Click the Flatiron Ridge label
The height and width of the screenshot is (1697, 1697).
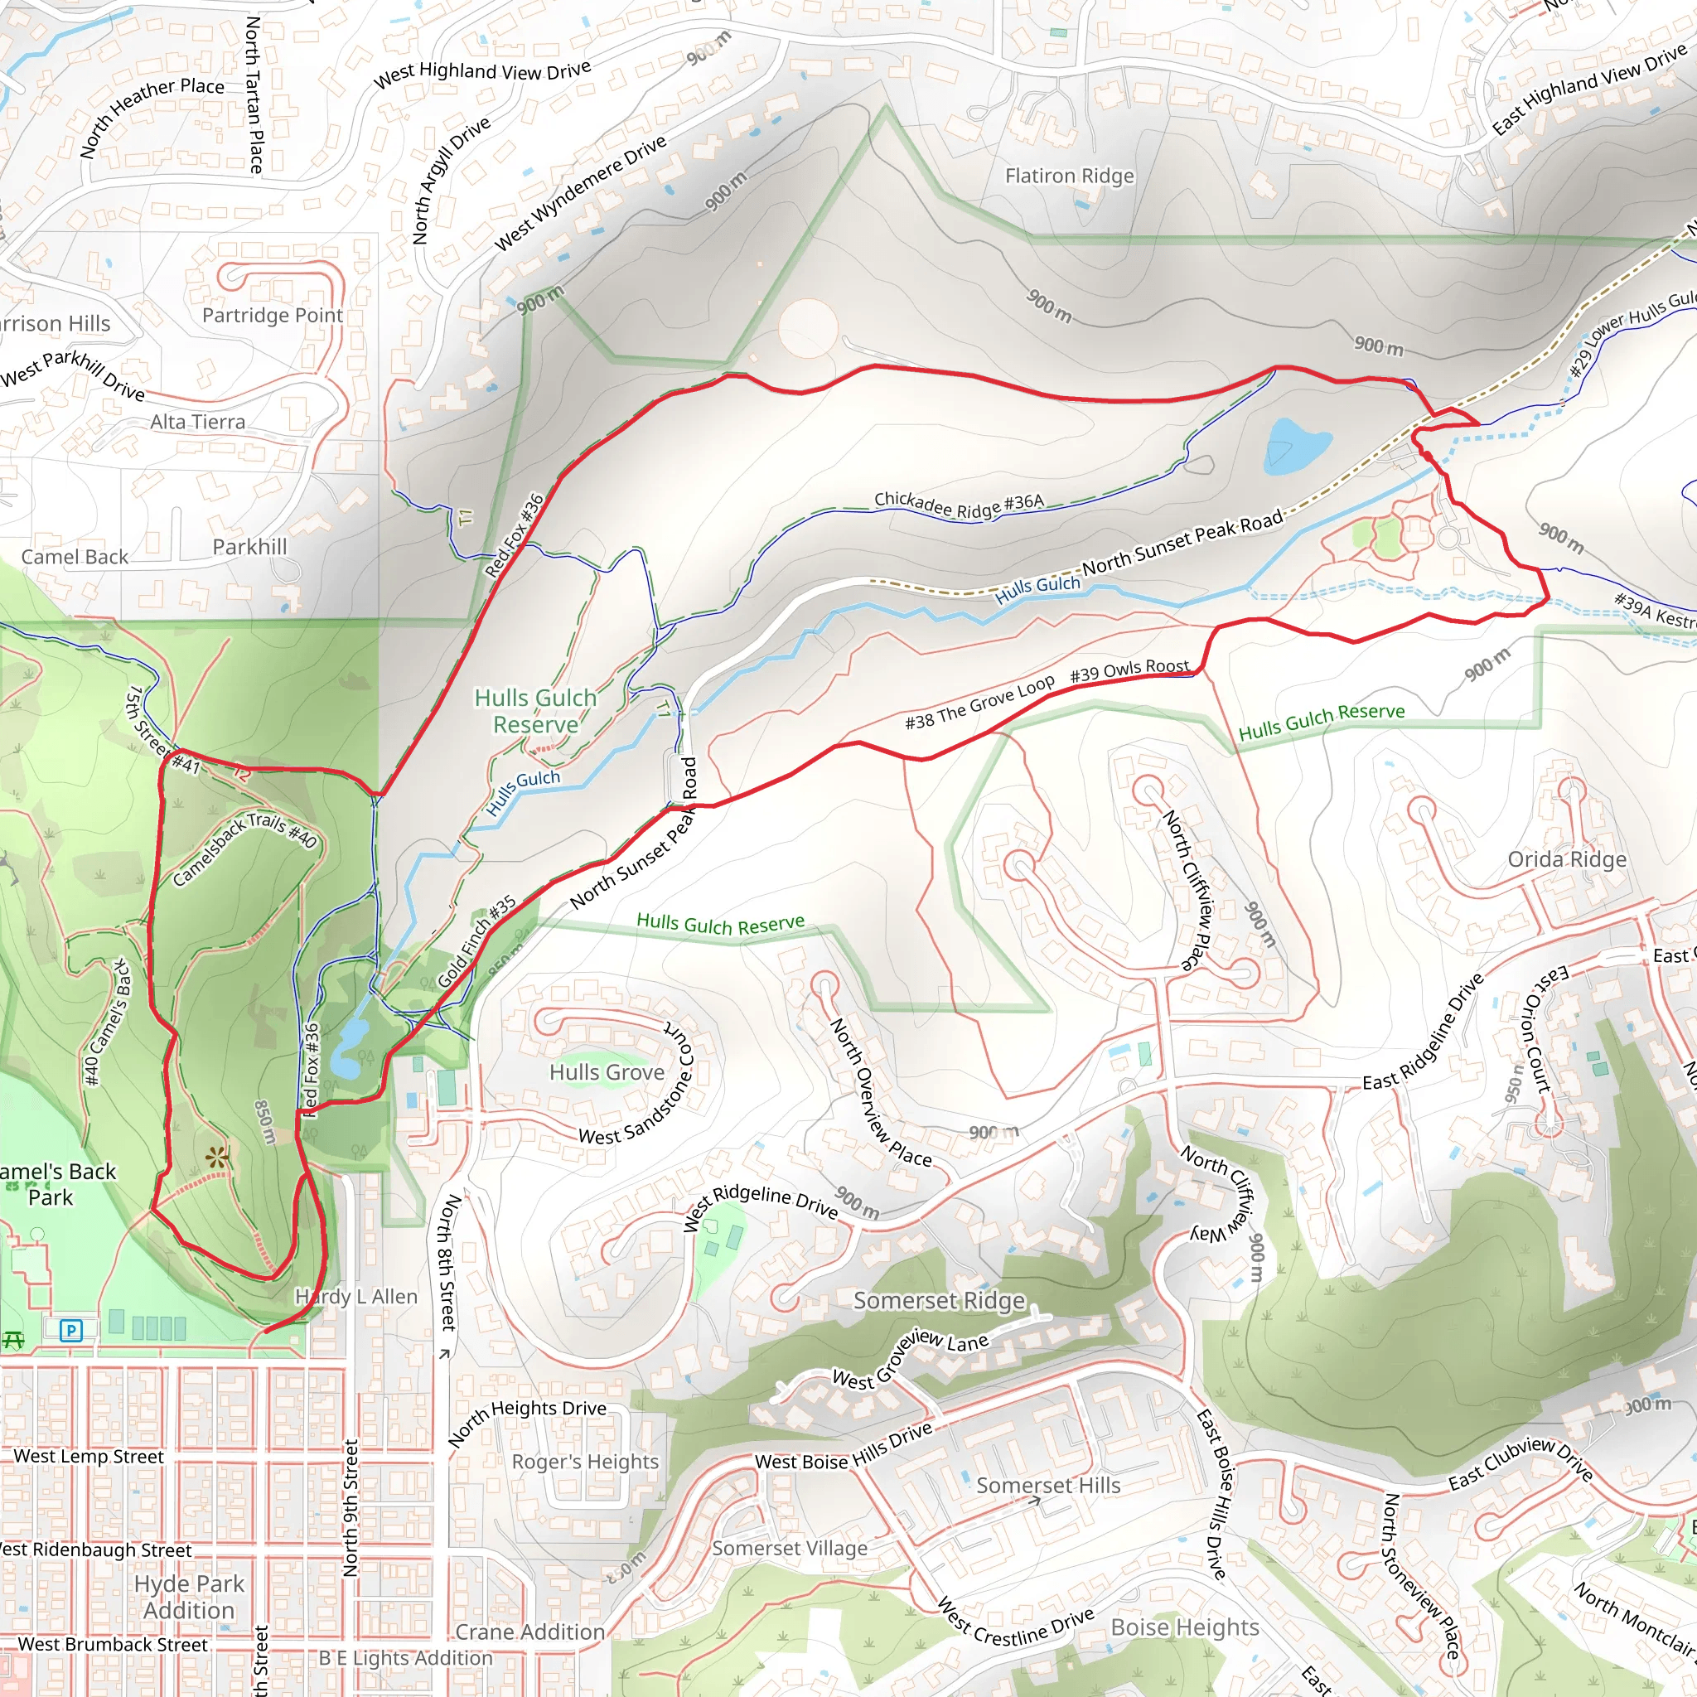tap(1069, 176)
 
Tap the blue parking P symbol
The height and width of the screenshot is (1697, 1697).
tap(71, 1330)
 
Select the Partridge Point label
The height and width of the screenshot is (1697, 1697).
tap(273, 316)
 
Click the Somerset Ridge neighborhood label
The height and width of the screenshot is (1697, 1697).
tap(939, 1300)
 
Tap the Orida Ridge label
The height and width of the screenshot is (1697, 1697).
tap(1567, 859)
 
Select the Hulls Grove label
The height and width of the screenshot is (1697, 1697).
tap(606, 1072)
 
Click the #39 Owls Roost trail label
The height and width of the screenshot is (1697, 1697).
tap(1129, 671)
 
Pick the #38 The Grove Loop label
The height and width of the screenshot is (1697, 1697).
tap(979, 703)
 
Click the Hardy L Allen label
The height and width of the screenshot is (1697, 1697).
tap(355, 1297)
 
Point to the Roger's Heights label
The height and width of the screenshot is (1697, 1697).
tap(585, 1462)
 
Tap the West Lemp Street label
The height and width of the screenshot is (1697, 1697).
tap(88, 1457)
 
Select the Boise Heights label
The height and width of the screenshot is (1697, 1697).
tap(1185, 1627)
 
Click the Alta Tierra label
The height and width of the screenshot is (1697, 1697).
tap(198, 423)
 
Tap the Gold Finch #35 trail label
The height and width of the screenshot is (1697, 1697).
tap(476, 941)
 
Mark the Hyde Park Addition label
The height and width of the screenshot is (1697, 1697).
tap(189, 1597)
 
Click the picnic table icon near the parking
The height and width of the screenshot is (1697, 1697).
tap(12, 1340)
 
